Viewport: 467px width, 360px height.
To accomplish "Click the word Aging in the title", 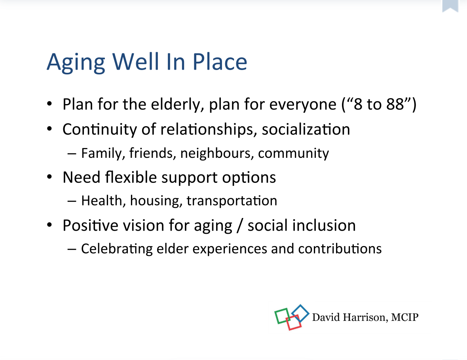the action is (x=76, y=63).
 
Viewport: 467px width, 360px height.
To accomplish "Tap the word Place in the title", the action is (x=220, y=62).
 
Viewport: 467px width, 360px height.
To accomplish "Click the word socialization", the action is (x=306, y=129).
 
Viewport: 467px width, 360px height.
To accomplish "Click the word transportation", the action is (x=232, y=201).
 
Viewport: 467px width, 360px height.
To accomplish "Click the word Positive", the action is (x=91, y=225).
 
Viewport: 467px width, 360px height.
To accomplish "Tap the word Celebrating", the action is (x=117, y=249).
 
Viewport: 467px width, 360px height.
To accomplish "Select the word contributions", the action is (x=340, y=248).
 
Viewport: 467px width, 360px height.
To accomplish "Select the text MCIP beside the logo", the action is (x=405, y=317).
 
